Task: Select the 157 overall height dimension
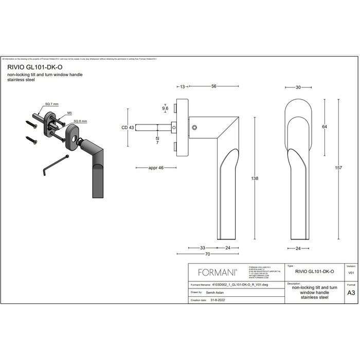338,168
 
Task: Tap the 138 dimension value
255,178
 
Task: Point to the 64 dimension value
325,126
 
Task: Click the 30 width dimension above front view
298,87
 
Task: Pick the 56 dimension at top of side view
213,87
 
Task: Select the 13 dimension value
183,87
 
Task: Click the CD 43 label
128,128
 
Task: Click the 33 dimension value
203,248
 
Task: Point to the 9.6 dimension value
165,109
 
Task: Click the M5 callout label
69,112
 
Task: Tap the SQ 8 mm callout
80,121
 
